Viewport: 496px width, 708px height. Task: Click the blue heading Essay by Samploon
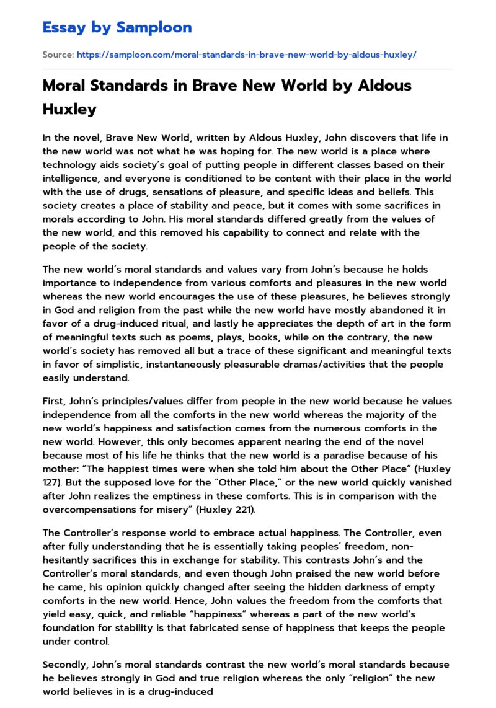117,27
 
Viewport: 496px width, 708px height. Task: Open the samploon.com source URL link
246,55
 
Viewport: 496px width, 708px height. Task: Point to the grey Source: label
58,55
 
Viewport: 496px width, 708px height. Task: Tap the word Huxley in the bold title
69,109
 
